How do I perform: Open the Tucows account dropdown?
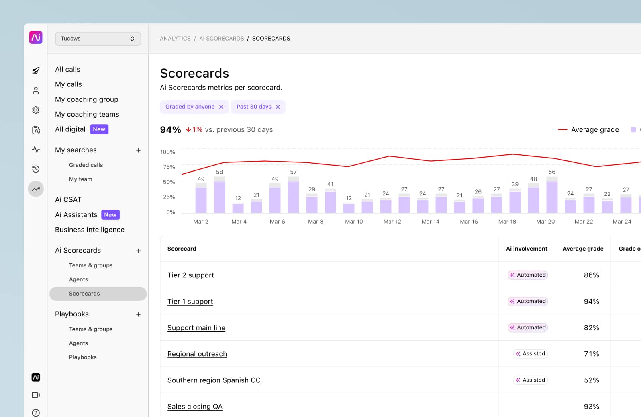[98, 39]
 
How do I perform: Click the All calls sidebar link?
[67, 69]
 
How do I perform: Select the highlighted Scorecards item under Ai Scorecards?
[84, 294]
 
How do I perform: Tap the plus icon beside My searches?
[138, 150]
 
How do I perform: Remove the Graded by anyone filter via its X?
[221, 107]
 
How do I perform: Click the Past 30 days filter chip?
[254, 107]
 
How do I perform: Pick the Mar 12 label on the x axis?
[392, 222]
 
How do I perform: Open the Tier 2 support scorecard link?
[190, 275]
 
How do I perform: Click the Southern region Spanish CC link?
[214, 380]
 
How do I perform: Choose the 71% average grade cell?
[591, 354]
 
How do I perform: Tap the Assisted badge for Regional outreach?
[531, 354]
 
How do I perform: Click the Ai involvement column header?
[526, 249]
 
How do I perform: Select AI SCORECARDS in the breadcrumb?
[221, 39]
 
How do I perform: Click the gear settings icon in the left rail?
[36, 110]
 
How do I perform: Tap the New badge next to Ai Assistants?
[110, 215]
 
